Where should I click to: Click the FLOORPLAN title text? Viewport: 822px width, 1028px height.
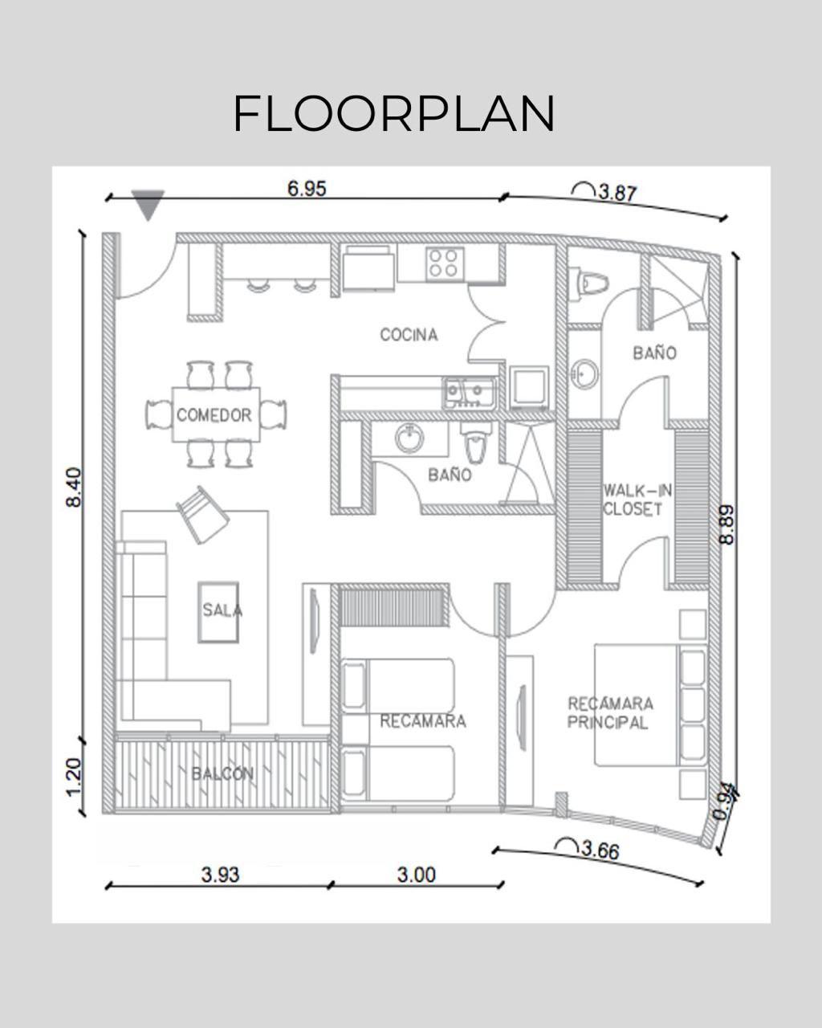pos(393,113)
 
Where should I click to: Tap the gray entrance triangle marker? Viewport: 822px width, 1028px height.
pos(149,204)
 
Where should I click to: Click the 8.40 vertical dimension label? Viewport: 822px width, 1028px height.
pos(74,487)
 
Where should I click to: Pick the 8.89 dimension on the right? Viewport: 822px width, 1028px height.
pos(726,524)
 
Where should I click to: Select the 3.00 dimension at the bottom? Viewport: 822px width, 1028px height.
pos(416,875)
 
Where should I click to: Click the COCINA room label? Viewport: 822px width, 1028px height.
pos(409,335)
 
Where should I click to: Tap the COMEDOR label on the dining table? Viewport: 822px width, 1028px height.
pos(214,415)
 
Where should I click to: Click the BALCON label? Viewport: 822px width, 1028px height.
pos(222,774)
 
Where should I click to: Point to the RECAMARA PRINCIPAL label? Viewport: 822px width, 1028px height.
pos(610,713)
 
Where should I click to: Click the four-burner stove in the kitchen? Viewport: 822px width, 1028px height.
pos(443,263)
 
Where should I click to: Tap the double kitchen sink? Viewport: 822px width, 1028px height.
pos(468,392)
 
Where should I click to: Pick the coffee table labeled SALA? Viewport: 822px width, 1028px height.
pos(218,611)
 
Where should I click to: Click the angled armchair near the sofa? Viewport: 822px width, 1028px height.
pos(201,514)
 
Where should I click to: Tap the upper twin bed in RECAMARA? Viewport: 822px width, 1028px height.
pos(397,685)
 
